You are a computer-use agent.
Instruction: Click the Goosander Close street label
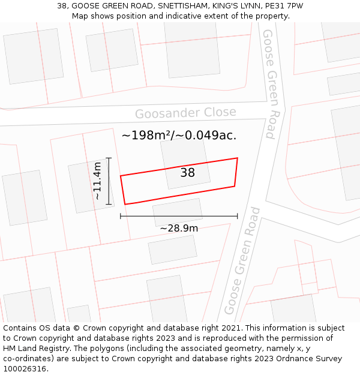(185, 113)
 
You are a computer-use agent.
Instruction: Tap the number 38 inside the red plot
(188, 173)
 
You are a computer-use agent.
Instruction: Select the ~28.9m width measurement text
(179, 228)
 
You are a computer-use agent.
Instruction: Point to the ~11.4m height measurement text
(98, 181)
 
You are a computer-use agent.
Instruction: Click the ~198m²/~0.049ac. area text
(179, 136)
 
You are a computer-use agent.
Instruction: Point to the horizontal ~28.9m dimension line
(179, 216)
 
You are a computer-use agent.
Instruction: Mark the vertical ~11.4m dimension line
(109, 181)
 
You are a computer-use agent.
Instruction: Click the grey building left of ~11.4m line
(90, 186)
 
